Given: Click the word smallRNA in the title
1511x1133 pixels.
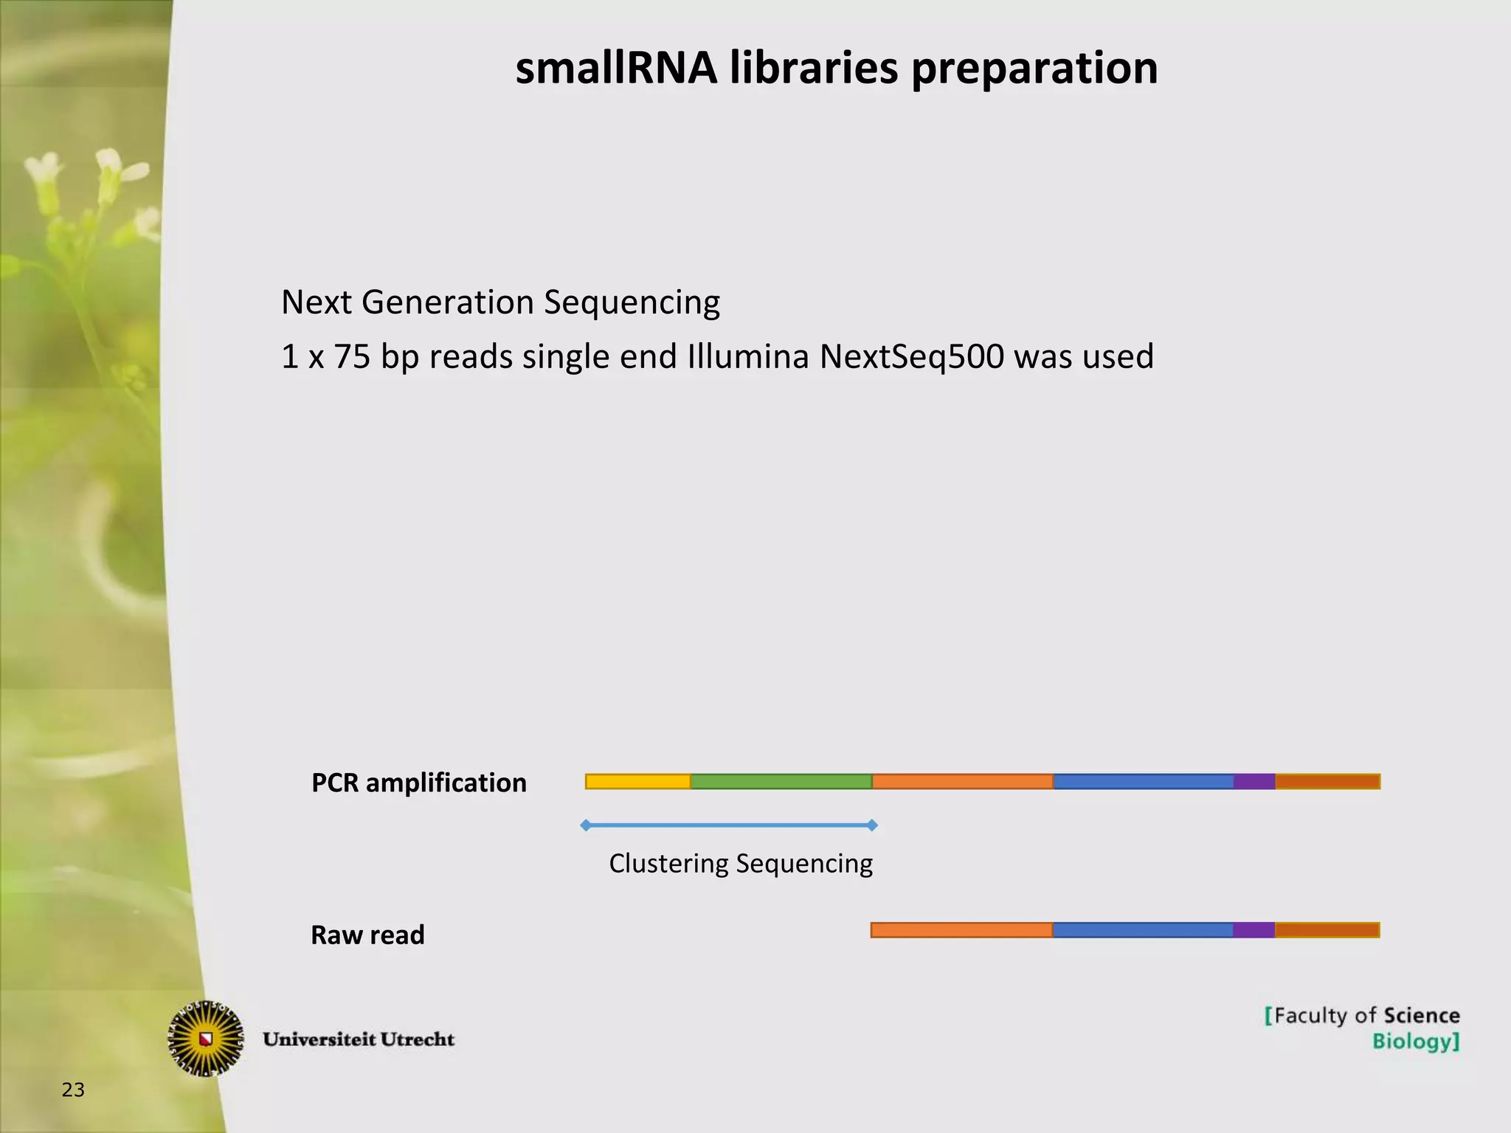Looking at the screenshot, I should click(616, 68).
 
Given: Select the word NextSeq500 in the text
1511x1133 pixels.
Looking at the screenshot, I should click(911, 357).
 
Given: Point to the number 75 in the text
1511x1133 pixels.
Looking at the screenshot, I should click(351, 357).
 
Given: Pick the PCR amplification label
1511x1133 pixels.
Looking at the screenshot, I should click(419, 783).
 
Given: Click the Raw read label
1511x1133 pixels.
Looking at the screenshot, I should click(367, 935).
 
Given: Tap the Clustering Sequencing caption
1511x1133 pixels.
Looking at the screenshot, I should click(741, 863).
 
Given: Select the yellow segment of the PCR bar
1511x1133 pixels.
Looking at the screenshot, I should click(638, 781).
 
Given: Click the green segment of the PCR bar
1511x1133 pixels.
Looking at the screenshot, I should click(781, 781).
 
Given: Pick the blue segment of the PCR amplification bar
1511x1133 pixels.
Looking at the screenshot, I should click(1144, 781).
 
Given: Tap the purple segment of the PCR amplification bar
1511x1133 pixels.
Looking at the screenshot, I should click(1254, 781).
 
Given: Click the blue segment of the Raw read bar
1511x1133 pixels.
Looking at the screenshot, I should click(1143, 930).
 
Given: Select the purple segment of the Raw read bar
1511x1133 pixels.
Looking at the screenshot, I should click(1254, 930).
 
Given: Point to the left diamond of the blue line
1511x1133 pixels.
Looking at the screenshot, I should click(586, 825).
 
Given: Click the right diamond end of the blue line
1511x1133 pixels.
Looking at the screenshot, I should click(872, 825).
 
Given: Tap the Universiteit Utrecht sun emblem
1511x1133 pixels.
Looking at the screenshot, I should click(206, 1039).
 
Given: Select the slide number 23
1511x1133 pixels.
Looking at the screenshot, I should click(73, 1090).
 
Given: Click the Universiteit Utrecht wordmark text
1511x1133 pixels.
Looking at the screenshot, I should click(359, 1039).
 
